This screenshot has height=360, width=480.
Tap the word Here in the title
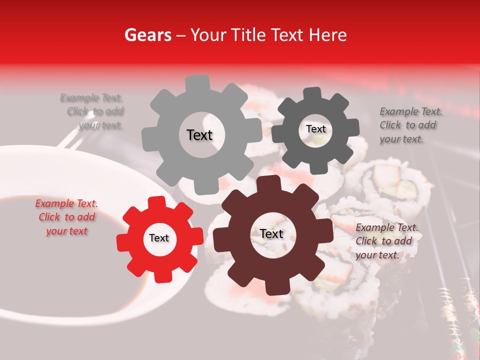tap(327, 35)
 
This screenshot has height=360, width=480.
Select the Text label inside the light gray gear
tap(199, 135)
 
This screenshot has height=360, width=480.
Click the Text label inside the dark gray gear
tap(315, 129)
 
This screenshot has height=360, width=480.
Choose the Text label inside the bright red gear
tap(158, 238)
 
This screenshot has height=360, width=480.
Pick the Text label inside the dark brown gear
tap(271, 234)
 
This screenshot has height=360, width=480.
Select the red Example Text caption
tap(67, 217)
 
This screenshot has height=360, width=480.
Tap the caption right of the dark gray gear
tap(409, 125)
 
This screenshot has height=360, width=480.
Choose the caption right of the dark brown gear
tap(385, 241)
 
